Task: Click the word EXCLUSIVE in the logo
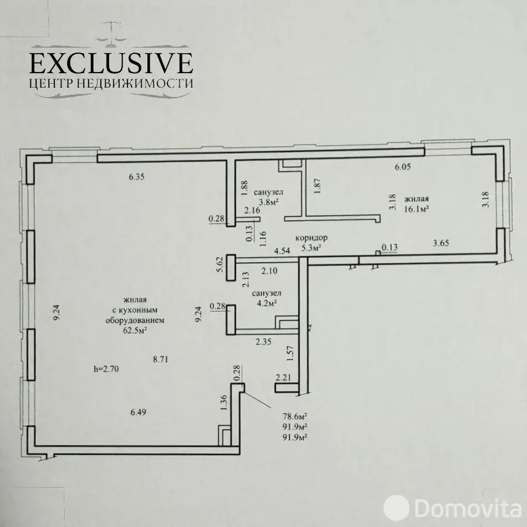(111, 63)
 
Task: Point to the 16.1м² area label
(416, 208)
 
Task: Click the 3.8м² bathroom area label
(269, 202)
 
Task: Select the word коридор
(311, 238)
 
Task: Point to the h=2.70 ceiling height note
(106, 369)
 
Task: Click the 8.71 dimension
(160, 359)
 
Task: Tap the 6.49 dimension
(138, 412)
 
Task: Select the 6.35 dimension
(136, 177)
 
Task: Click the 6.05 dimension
(403, 167)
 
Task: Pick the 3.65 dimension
(441, 243)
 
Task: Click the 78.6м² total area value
(295, 416)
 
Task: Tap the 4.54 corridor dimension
(282, 250)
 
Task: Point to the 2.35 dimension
(264, 342)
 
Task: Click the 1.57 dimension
(291, 354)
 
